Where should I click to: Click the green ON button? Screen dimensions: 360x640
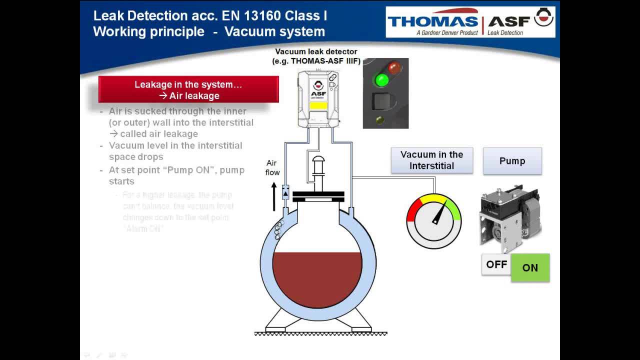click(530, 267)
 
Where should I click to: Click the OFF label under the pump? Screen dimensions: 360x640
click(496, 264)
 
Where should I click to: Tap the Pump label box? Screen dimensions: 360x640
click(512, 161)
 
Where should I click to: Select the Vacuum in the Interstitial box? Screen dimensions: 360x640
click(431, 160)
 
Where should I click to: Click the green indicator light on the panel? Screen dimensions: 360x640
click(382, 79)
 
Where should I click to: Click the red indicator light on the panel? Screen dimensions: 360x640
click(394, 67)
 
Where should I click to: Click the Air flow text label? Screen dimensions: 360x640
click(272, 167)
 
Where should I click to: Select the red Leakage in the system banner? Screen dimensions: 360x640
click(188, 89)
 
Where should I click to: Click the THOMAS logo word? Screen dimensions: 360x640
click(432, 21)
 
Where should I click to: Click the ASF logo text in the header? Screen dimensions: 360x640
click(508, 21)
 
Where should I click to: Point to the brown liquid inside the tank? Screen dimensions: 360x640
click(317, 277)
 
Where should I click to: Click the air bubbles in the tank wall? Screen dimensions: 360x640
click(278, 230)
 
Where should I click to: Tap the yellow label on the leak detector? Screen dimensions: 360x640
click(318, 105)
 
